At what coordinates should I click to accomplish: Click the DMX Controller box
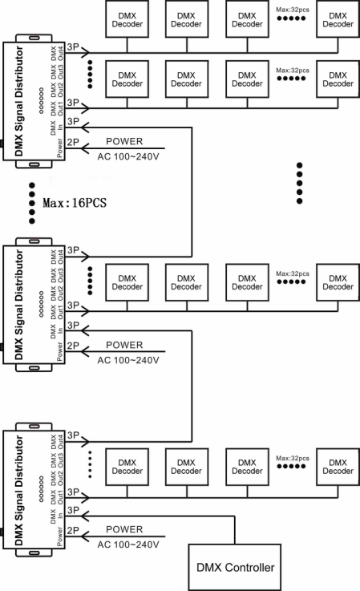[234, 567]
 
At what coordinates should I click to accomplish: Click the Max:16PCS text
[75, 203]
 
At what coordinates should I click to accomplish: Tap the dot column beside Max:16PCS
[32, 203]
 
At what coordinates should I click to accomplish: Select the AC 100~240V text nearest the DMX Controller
[128, 544]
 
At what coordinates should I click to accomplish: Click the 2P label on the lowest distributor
[73, 530]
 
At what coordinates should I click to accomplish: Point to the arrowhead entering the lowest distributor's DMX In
[85, 516]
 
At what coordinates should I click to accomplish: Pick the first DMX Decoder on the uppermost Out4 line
[127, 19]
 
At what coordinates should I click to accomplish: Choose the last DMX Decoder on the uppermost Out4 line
[338, 19]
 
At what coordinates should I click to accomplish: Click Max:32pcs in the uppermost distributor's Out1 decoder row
[293, 71]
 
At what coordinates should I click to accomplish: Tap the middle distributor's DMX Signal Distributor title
[19, 305]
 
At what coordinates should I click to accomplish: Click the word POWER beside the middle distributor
[124, 345]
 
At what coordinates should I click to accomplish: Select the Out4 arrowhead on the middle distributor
[85, 257]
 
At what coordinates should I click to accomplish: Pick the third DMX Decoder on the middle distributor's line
[247, 282]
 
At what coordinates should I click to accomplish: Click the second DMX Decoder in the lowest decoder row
[187, 467]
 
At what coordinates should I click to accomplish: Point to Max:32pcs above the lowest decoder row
[293, 459]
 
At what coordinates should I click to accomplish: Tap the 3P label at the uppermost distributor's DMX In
[73, 121]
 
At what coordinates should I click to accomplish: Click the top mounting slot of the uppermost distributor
[34, 38]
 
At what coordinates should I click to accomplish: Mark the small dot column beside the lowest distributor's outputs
[90, 464]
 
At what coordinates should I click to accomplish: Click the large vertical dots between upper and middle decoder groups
[299, 183]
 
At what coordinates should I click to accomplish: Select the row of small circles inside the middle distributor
[41, 304]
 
